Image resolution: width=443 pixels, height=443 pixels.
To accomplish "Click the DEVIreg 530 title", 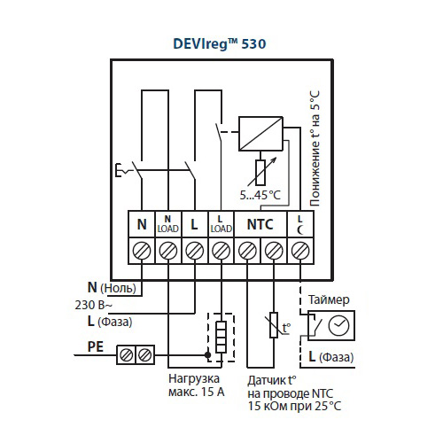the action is pyautogui.click(x=220, y=44).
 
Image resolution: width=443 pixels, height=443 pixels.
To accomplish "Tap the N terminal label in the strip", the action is pyautogui.click(x=142, y=224).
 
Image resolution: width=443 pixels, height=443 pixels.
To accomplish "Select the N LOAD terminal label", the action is pyautogui.click(x=167, y=224).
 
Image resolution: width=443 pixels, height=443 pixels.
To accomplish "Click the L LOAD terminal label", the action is pyautogui.click(x=221, y=224).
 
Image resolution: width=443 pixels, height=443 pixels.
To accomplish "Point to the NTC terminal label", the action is pyautogui.click(x=260, y=224).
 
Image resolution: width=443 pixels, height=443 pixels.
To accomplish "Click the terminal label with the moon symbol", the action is pyautogui.click(x=300, y=225).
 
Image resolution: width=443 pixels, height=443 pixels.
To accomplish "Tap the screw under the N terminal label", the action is pyautogui.click(x=142, y=251).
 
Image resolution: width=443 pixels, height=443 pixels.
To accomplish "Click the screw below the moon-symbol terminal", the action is pyautogui.click(x=300, y=251).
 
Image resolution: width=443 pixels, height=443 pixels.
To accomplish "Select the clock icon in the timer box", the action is pyautogui.click(x=338, y=326).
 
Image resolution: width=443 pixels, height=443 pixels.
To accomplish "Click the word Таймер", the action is pyautogui.click(x=329, y=300).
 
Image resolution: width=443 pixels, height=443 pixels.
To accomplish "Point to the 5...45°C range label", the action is pyautogui.click(x=260, y=195).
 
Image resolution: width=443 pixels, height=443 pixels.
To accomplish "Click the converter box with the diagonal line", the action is pyautogui.click(x=260, y=134).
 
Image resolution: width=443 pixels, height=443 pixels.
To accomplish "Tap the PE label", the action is pyautogui.click(x=96, y=346).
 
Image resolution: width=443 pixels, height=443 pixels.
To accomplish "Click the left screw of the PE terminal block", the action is pyautogui.click(x=127, y=354).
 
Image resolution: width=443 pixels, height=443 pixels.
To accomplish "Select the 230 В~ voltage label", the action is pyautogui.click(x=94, y=305).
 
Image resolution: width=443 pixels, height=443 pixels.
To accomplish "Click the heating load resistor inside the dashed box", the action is pyautogui.click(x=221, y=337).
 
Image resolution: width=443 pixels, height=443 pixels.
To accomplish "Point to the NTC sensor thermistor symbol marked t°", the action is pyautogui.click(x=274, y=325).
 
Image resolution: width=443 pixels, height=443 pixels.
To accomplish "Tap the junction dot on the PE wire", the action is pyautogui.click(x=208, y=354).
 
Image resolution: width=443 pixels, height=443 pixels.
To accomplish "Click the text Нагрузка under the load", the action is pyautogui.click(x=194, y=379).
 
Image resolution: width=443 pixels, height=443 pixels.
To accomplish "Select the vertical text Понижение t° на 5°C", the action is pyautogui.click(x=315, y=148).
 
